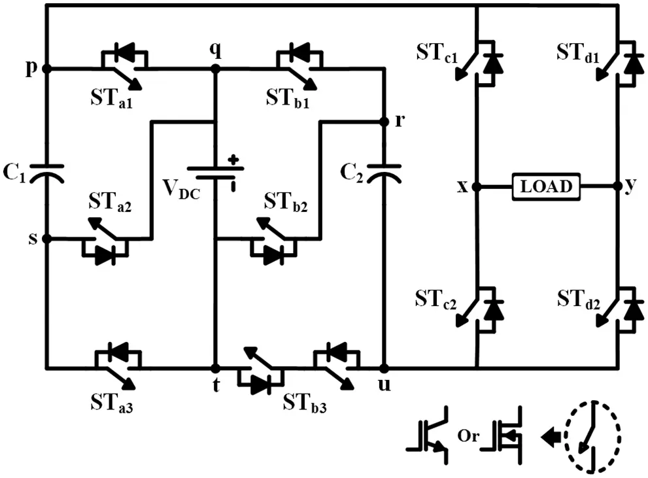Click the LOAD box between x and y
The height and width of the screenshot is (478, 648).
click(545, 186)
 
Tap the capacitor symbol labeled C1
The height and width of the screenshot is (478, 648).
click(46, 172)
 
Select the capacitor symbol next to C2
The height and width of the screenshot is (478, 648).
click(383, 172)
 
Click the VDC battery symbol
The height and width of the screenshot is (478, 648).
click(215, 172)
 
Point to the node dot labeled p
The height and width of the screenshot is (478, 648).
click(46, 68)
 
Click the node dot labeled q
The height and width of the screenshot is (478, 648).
click(215, 68)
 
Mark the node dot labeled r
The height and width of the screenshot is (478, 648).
click(383, 122)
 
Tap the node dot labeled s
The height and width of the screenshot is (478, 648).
click(46, 239)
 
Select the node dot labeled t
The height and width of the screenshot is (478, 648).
click(215, 368)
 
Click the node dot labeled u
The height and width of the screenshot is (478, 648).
click(383, 368)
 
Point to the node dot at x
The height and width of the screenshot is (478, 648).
click(476, 186)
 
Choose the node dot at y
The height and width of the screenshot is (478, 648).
click(618, 186)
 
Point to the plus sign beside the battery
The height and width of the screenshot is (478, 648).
click(233, 159)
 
